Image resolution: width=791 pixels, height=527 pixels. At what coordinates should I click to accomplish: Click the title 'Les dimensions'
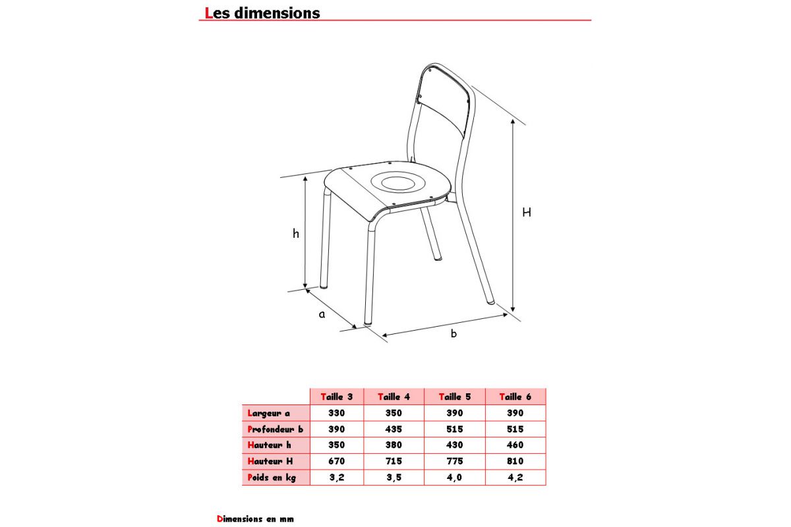click(x=262, y=13)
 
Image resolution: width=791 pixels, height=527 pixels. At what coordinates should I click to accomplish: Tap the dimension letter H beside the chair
click(x=527, y=213)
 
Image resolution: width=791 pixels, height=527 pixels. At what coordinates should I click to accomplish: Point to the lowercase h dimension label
click(x=296, y=233)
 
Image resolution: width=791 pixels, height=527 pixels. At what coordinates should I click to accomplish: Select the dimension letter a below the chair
click(x=322, y=315)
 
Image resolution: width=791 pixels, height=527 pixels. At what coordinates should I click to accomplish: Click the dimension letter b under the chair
click(x=454, y=334)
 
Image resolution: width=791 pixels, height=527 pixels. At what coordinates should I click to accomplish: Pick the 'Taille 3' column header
click(x=336, y=397)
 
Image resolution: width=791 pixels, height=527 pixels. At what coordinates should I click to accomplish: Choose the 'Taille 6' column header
click(x=515, y=397)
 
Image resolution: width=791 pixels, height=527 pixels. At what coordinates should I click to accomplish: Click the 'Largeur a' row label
click(x=269, y=413)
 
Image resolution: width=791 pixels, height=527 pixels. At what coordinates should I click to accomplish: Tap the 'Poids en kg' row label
click(x=272, y=478)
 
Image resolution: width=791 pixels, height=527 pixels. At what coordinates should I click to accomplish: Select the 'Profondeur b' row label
click(x=275, y=430)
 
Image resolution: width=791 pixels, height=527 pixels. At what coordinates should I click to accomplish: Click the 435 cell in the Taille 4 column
click(x=394, y=430)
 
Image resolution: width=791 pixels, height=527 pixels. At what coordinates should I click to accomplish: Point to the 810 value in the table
click(x=515, y=462)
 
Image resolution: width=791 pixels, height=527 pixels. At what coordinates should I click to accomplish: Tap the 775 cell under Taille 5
click(x=454, y=462)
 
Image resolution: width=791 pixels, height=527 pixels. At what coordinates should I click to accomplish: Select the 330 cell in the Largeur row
click(x=336, y=413)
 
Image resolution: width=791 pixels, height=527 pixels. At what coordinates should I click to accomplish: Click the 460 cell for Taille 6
click(x=515, y=445)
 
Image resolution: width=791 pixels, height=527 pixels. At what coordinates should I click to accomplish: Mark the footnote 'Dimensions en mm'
click(x=255, y=519)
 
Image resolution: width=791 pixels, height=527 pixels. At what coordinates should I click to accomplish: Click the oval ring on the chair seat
click(x=395, y=180)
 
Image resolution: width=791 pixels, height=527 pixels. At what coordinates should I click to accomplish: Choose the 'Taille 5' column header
click(x=454, y=397)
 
